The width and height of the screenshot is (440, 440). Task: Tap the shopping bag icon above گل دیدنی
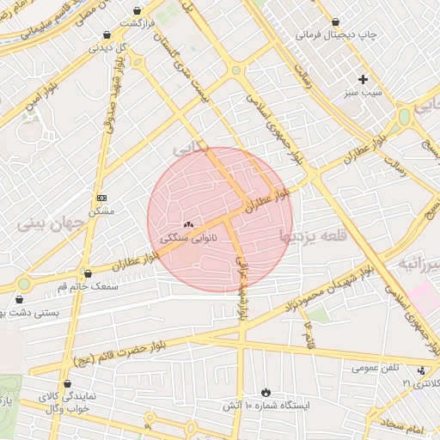pos(106,35)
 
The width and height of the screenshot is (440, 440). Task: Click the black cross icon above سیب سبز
pos(364,79)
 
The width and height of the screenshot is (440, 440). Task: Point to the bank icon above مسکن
pos(101,198)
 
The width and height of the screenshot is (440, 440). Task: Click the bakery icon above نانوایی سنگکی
pos(188,223)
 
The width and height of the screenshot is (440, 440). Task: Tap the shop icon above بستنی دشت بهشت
pos(19,300)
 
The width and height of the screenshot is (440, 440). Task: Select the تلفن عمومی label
pos(376,368)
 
